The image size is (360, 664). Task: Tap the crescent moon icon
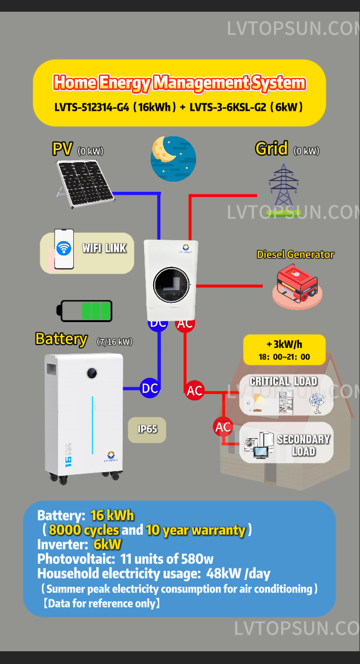coord(173,158)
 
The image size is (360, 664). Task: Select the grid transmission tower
coord(284,186)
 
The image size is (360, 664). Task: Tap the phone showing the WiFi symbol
coord(64,249)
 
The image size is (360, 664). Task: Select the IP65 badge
coord(147,429)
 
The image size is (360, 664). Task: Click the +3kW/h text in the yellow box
coord(284,343)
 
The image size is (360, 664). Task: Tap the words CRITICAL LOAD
coord(283,381)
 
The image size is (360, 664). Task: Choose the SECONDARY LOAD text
coord(303,445)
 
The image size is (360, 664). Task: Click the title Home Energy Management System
coord(179,82)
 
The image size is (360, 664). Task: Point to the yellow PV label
coord(63,149)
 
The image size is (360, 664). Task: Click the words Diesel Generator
coord(295,254)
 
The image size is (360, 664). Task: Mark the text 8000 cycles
coord(84,530)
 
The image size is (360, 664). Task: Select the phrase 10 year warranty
coord(196,530)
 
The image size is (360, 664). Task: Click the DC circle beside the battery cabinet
coord(150,388)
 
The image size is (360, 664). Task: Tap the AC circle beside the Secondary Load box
coord(223,427)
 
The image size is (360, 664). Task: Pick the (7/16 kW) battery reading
coord(115,342)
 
